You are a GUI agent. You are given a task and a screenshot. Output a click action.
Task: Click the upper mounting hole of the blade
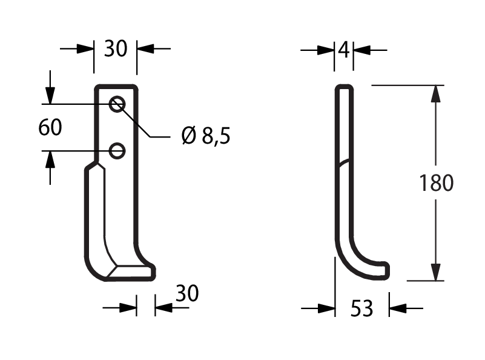tap(117, 104)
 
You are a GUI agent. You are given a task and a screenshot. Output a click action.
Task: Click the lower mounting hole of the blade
tap(117, 151)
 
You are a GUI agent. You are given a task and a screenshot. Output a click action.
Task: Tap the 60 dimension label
tap(50, 127)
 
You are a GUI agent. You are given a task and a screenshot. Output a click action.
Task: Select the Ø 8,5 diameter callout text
tap(206, 136)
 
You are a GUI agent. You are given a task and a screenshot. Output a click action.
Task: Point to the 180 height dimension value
tap(436, 182)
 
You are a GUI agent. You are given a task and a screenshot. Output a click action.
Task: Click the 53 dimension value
tap(362, 308)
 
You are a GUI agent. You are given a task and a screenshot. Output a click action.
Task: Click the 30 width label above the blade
tap(116, 48)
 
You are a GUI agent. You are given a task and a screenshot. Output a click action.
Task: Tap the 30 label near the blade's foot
tap(187, 293)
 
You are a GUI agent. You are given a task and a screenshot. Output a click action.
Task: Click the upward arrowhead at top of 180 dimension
tap(436, 93)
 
